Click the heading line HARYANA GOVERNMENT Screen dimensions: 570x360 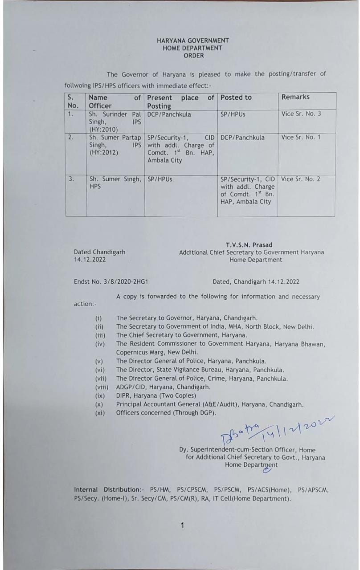[193, 41]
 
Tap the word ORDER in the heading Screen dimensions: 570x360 [193, 56]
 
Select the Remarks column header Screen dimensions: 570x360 [295, 97]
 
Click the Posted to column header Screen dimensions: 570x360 [236, 98]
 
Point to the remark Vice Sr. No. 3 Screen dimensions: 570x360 [301, 114]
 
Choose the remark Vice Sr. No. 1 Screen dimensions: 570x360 [301, 138]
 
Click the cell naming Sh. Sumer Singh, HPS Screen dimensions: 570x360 [115, 183]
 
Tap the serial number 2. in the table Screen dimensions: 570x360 [71, 137]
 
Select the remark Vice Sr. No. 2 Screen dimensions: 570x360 [301, 179]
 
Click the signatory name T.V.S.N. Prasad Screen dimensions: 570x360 [249, 245]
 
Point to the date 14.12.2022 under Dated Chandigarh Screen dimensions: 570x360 [90, 260]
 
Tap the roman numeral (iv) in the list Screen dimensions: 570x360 [100, 344]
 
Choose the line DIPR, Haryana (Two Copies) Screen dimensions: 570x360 [156, 395]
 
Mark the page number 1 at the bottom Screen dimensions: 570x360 [182, 526]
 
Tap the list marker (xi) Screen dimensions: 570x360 [100, 413]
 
